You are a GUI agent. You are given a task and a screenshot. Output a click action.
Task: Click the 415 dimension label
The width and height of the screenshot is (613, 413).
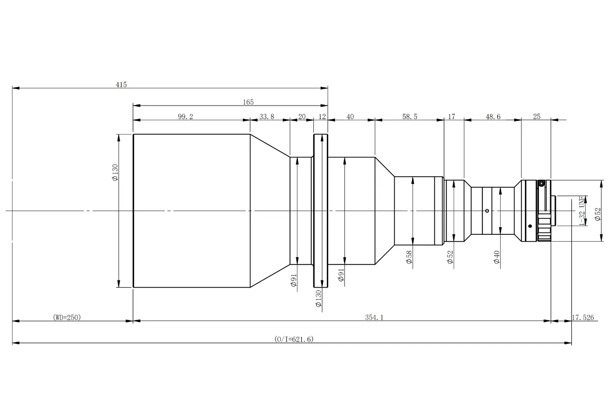121,85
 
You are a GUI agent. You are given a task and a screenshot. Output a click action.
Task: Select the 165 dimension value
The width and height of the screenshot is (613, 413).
248,102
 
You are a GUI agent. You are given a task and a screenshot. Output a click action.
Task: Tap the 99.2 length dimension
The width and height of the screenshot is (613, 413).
185,117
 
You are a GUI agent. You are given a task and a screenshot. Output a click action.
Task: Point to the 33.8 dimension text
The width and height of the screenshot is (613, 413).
266,117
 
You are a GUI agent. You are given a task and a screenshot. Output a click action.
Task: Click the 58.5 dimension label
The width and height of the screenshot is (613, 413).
410,117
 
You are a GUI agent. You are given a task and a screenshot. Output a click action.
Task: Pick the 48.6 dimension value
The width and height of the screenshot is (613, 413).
493,117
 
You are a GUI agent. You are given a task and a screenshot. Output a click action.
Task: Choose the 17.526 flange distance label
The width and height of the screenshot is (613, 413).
582,318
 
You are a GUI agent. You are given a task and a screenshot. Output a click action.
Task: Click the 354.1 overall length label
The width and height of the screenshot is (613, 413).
374,318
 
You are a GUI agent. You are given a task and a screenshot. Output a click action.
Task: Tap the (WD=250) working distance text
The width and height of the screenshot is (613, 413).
67,317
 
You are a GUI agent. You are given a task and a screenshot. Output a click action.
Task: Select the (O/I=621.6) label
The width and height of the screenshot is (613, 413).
294,339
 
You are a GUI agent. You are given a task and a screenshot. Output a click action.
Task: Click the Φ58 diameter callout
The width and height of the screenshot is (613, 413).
409,257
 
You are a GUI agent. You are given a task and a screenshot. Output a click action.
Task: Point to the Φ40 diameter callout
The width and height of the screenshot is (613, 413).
497,257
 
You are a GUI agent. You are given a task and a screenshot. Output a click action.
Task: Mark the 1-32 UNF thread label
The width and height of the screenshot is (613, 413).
583,211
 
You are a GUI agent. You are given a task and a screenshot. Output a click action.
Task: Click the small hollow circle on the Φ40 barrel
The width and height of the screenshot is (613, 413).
487,211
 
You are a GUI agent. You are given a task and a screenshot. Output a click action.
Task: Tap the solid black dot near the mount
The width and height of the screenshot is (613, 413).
530,226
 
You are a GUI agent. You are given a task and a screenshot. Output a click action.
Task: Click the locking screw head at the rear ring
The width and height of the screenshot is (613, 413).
541,184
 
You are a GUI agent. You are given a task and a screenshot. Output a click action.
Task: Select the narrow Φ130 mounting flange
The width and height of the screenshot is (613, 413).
321,211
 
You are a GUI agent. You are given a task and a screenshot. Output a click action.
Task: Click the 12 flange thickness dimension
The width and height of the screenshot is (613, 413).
322,117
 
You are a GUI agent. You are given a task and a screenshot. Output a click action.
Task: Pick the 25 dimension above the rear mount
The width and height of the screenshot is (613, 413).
536,117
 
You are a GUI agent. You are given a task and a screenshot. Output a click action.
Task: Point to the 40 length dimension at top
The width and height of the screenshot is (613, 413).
350,117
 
